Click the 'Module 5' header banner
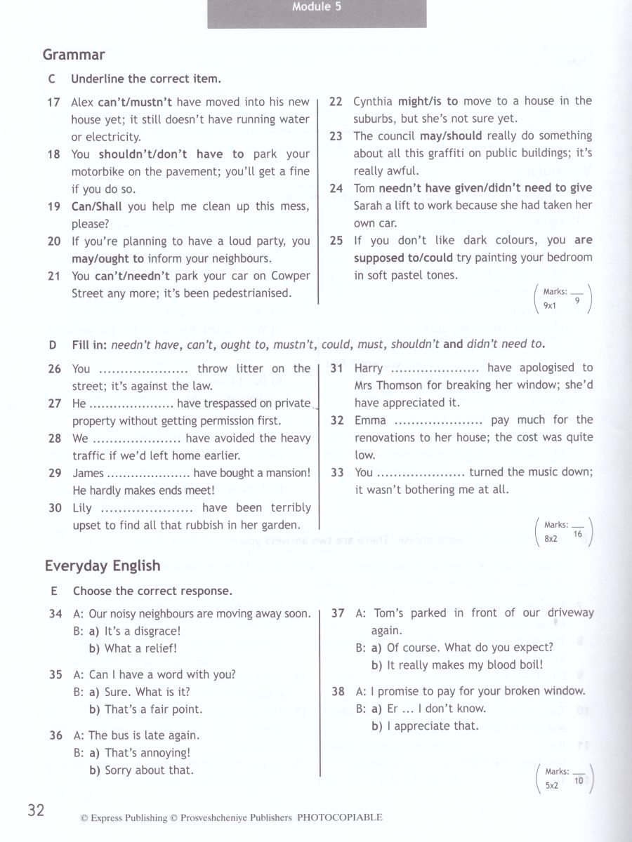pos(317,9)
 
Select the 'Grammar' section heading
pos(74,55)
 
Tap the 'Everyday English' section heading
pos(103,566)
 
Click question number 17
pos(54,102)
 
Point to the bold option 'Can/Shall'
pos(97,207)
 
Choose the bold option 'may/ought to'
pos(107,259)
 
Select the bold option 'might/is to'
pos(428,101)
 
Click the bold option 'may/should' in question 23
pos(451,136)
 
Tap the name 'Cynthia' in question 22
pos(374,101)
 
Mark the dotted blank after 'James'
pos(148,474)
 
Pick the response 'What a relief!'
pos(140,648)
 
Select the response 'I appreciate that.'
pos(433,726)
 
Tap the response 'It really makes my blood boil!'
pos(465,665)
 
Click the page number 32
pos(36,811)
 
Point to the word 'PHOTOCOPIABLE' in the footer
pos(340,817)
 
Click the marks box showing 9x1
pos(562,298)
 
